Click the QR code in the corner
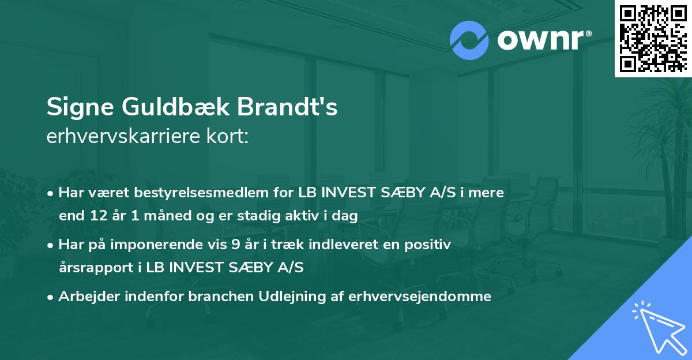(x=653, y=38)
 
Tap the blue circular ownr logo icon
(x=469, y=40)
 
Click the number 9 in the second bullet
(x=235, y=245)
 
